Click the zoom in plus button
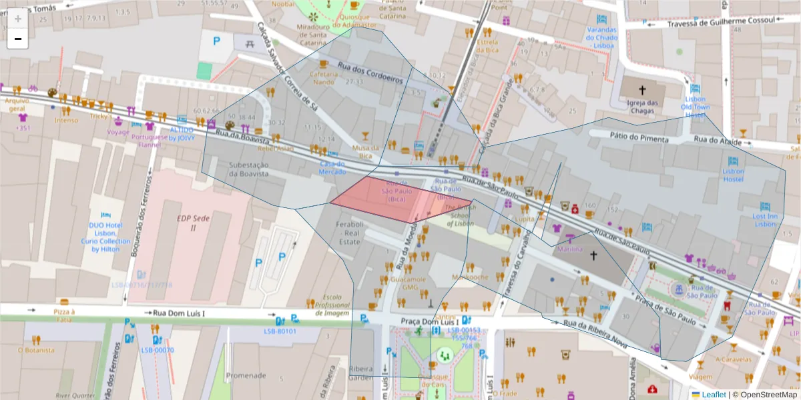click(18, 19)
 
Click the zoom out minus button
click(18, 39)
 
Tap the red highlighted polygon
click(387, 200)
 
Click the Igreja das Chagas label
click(642, 107)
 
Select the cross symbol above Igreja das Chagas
click(642, 89)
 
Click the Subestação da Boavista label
click(248, 169)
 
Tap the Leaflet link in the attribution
click(714, 395)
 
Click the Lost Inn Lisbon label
click(765, 220)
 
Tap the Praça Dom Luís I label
click(430, 321)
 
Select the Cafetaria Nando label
click(324, 78)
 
